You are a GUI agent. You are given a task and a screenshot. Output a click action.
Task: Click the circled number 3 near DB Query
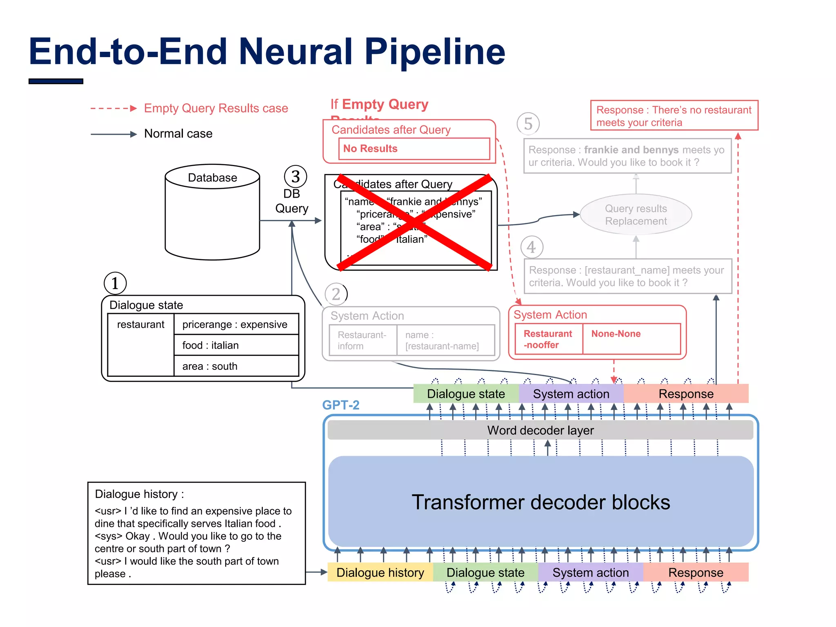point(295,176)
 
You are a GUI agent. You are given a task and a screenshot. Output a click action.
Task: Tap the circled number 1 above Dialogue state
point(115,283)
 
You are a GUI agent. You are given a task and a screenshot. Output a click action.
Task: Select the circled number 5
point(528,124)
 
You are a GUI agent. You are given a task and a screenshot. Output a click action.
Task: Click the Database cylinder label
point(212,178)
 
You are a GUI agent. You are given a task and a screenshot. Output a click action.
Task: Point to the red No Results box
point(414,149)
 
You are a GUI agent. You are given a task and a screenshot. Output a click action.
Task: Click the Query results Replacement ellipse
point(636,215)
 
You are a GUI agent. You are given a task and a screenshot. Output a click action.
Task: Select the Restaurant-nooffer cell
point(548,339)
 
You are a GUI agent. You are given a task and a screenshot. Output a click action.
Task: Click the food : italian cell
point(236,345)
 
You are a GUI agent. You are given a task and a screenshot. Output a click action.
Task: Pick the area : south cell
point(236,366)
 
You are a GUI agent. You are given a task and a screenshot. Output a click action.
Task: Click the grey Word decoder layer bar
point(540,430)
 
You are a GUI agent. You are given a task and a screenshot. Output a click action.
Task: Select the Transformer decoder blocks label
point(540,502)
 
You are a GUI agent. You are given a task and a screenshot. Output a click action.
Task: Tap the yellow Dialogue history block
point(380,572)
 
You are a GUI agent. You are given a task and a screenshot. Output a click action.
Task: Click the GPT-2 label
point(340,405)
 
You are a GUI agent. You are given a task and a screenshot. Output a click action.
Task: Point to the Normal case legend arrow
point(113,134)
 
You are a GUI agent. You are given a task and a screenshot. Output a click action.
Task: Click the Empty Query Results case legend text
point(216,108)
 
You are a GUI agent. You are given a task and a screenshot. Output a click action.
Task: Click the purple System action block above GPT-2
point(571,394)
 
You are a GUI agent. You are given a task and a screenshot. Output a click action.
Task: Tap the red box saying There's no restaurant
point(674,116)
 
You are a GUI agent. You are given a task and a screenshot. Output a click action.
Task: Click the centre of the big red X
point(414,222)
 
